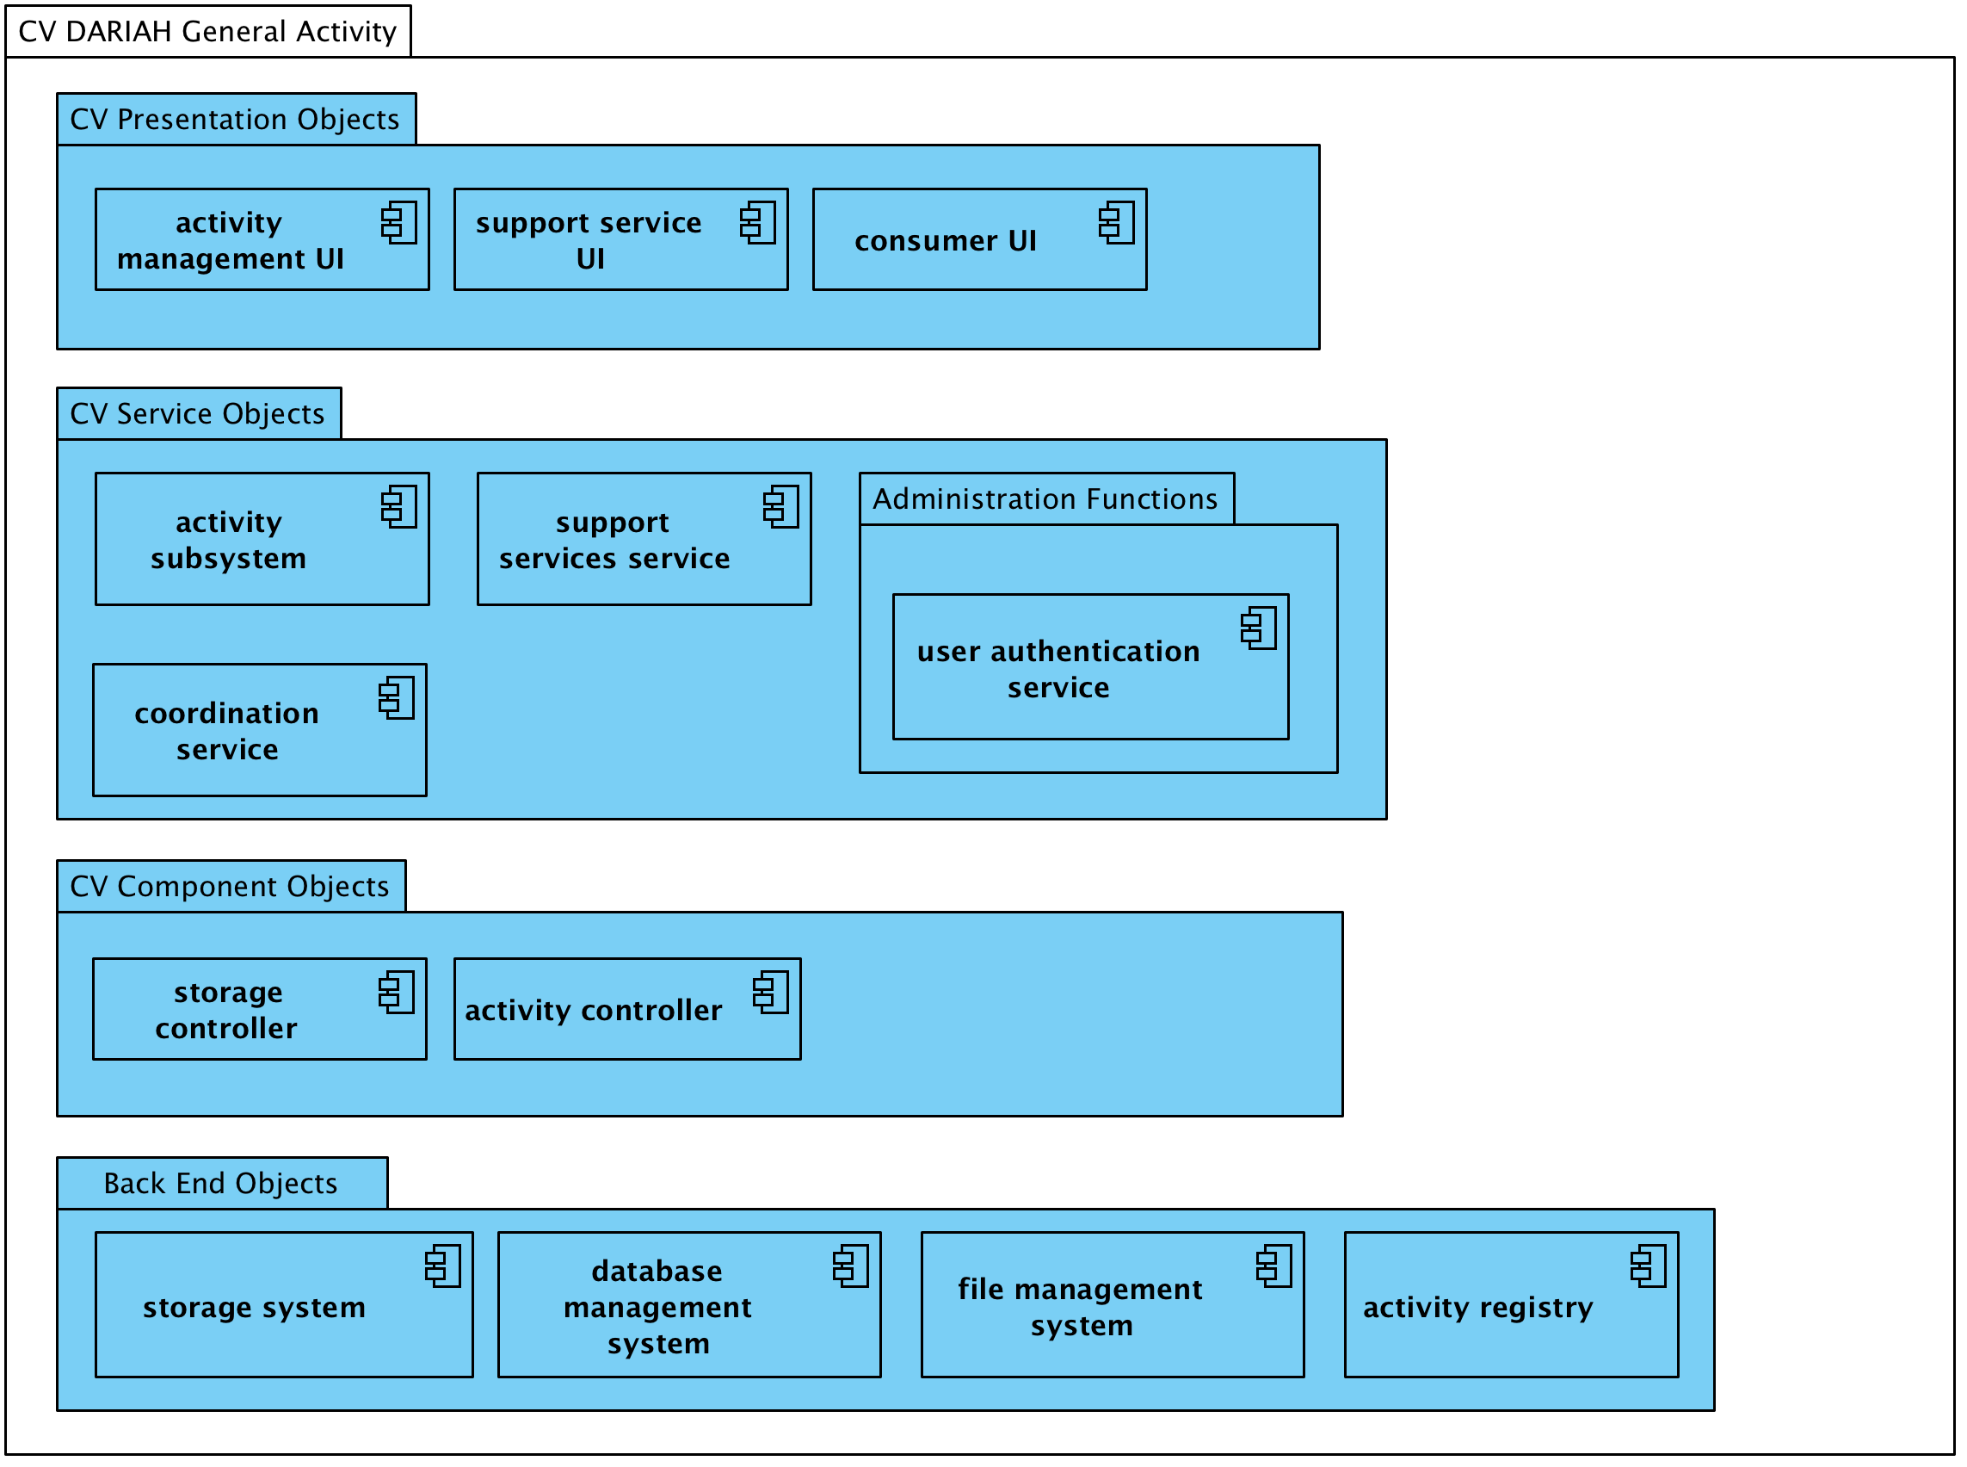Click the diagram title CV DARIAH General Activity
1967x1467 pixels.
(x=207, y=32)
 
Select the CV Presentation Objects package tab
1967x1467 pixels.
(x=235, y=119)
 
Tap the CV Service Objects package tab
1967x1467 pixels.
(x=198, y=414)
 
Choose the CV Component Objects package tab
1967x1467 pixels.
(x=230, y=886)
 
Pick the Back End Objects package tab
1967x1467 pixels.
(x=221, y=1183)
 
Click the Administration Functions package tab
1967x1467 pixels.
(x=1045, y=499)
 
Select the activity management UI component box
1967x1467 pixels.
(x=262, y=239)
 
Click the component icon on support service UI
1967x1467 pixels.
(x=758, y=222)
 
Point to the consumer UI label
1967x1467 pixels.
(x=946, y=241)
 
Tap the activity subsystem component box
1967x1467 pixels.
(x=262, y=540)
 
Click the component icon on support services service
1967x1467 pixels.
(x=781, y=506)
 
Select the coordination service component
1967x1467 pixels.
(x=259, y=731)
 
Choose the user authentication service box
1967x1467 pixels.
(x=1090, y=668)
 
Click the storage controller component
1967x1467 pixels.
(x=259, y=1010)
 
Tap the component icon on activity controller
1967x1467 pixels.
(x=770, y=992)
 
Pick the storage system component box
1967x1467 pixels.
(x=284, y=1305)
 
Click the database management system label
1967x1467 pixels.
(x=657, y=1307)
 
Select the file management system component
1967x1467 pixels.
(x=1113, y=1305)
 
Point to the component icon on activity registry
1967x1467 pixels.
(x=1649, y=1266)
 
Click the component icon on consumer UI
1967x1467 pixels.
(x=1117, y=222)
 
